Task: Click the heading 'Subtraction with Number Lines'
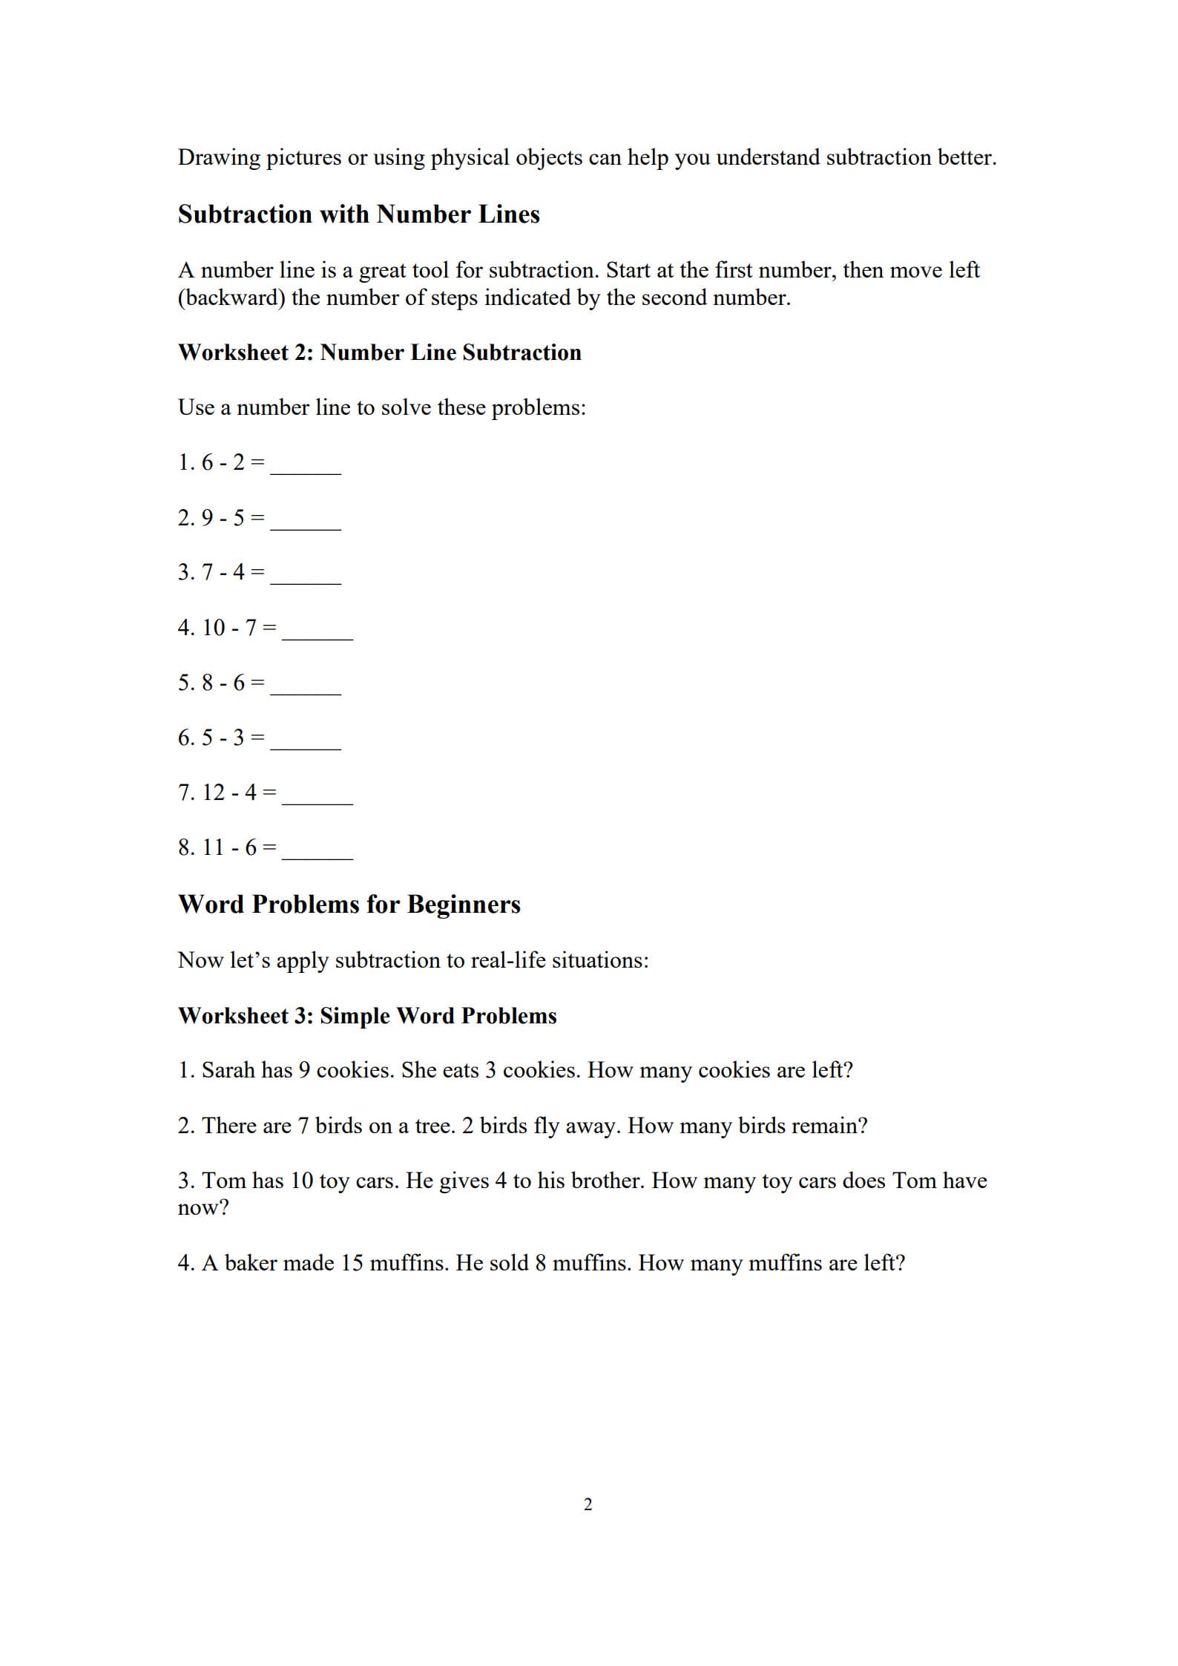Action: [x=358, y=214]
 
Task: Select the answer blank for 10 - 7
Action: [x=317, y=632]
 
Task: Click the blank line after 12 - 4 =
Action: [x=317, y=798]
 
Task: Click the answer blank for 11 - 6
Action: [x=317, y=853]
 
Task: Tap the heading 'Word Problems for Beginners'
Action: [x=349, y=905]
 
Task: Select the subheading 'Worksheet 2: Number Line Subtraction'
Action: [x=379, y=352]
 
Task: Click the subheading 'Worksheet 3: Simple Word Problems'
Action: [x=367, y=1015]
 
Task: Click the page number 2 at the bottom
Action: [x=588, y=1504]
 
